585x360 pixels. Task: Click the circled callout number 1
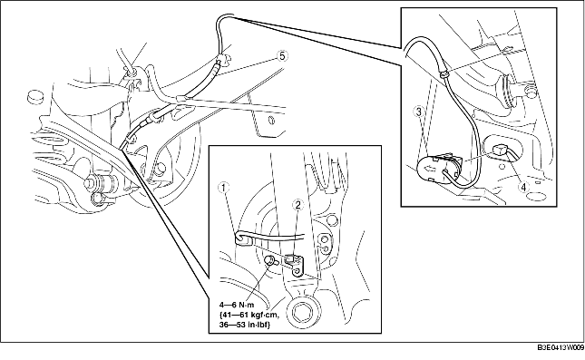coord(224,188)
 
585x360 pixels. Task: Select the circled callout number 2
coord(298,204)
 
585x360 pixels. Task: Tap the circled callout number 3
coord(419,112)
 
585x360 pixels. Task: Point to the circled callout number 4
coord(524,187)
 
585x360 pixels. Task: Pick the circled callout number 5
coord(282,56)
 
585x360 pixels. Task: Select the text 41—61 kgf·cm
coord(249,315)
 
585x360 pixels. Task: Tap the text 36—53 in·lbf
coord(245,325)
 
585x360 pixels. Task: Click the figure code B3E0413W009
coord(561,347)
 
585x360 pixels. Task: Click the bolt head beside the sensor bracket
coord(270,261)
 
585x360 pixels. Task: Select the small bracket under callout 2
coord(295,264)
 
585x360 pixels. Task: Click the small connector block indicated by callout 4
coord(499,150)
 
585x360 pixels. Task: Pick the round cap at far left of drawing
coord(34,96)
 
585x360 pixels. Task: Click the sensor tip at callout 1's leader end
coord(241,239)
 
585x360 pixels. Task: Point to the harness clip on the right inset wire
coord(444,74)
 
